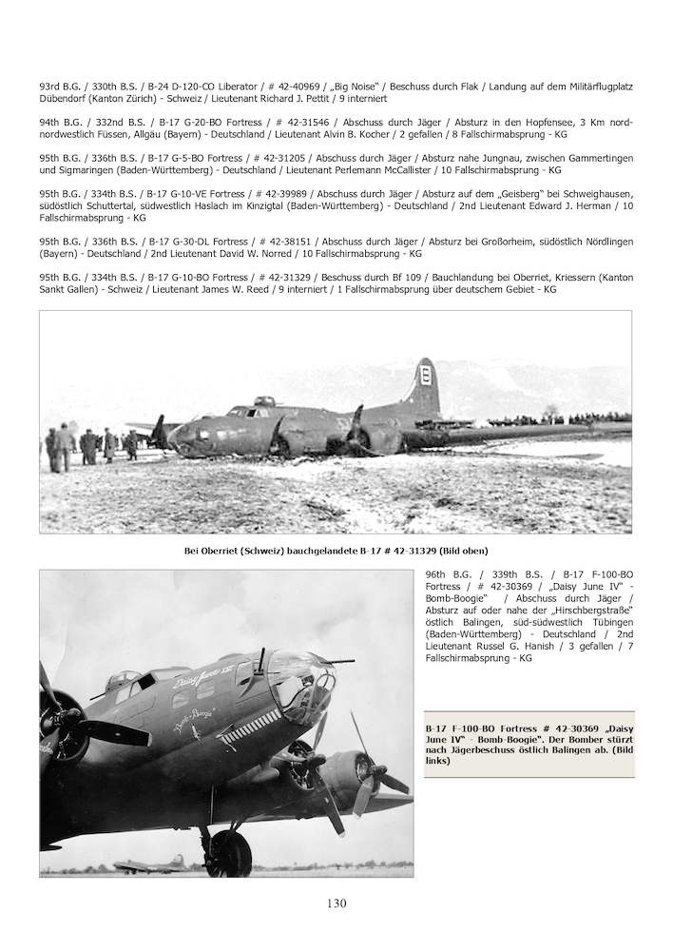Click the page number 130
coord(336,903)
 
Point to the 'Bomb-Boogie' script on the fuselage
coord(193,713)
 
